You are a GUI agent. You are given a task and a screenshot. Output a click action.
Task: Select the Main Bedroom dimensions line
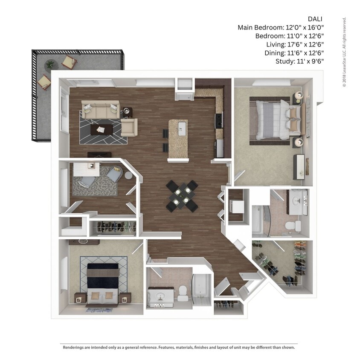click(281, 28)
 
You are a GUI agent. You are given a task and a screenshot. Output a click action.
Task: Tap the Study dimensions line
click(300, 61)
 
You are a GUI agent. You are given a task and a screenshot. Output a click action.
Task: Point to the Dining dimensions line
click(293, 53)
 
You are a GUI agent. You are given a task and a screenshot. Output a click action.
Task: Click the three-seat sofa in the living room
click(101, 110)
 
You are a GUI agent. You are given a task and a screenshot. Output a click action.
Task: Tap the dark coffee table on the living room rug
click(102, 129)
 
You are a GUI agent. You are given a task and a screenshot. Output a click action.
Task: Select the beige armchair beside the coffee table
click(129, 127)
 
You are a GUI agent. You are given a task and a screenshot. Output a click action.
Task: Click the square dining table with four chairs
click(182, 196)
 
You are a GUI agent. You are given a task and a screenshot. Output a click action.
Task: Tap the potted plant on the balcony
click(50, 64)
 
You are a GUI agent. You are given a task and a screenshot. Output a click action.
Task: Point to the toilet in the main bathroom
click(290, 225)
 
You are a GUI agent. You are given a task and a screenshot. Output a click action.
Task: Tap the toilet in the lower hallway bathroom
click(183, 290)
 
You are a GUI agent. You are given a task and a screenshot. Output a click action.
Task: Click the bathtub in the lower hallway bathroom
click(201, 289)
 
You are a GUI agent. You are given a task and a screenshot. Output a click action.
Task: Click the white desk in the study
click(86, 168)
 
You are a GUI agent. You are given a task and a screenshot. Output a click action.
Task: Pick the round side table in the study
click(128, 175)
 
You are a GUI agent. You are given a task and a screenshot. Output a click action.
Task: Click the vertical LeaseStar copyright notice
click(344, 52)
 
